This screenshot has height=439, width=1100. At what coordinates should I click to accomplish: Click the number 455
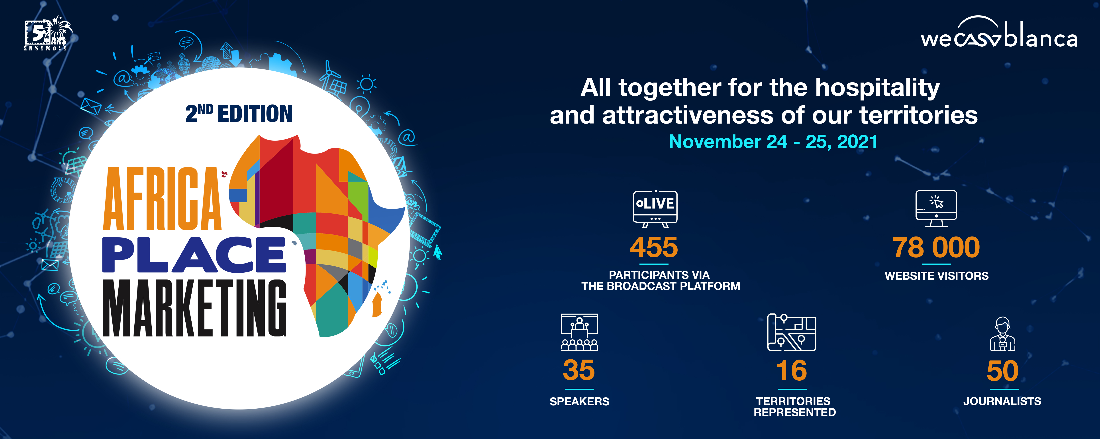click(x=654, y=247)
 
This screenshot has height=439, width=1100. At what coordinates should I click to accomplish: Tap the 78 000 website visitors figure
click(x=936, y=247)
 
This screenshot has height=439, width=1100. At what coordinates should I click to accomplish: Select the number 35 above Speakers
click(x=579, y=370)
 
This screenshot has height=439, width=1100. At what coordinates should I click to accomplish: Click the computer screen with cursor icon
click(x=936, y=208)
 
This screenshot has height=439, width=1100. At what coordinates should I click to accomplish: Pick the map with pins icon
click(x=792, y=332)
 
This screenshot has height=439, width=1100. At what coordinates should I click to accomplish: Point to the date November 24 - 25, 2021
click(x=773, y=141)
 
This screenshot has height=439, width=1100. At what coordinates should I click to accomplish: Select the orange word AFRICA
click(x=162, y=199)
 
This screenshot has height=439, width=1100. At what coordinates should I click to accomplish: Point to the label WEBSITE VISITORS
click(x=936, y=276)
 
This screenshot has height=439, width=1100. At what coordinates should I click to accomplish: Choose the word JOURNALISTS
click(x=1002, y=402)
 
